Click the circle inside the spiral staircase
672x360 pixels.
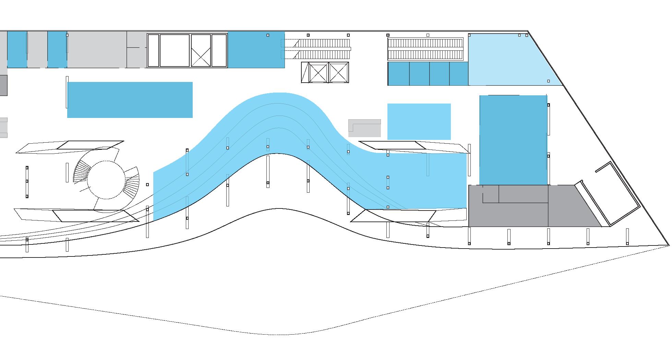[106, 180]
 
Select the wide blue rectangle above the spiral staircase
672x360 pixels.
[130, 100]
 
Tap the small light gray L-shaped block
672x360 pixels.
[364, 128]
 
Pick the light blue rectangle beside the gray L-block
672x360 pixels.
[419, 121]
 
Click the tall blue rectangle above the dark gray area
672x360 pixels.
[513, 140]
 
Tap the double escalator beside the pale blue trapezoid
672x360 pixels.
[425, 49]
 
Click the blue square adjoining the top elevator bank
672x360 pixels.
[256, 50]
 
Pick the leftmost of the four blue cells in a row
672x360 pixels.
[399, 74]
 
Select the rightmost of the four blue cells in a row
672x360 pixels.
[459, 74]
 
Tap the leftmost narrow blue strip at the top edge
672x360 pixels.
[17, 49]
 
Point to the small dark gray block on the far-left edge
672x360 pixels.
[3, 85]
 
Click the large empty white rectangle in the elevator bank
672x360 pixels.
[175, 50]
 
